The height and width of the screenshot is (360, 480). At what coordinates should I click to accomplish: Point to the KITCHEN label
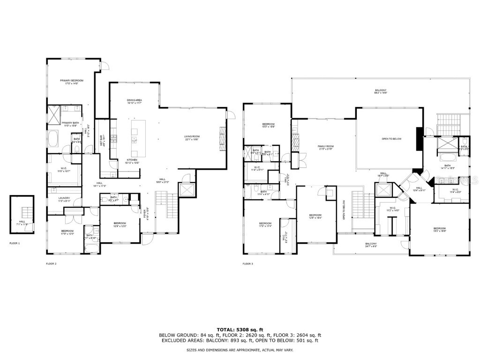(x=133, y=161)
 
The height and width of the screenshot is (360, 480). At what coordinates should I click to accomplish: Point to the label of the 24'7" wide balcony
(x=371, y=245)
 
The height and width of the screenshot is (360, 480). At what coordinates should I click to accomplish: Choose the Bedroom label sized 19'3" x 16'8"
(x=439, y=229)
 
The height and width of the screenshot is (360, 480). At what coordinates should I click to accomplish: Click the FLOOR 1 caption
(x=15, y=244)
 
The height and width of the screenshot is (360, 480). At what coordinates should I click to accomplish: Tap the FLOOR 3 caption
(x=248, y=264)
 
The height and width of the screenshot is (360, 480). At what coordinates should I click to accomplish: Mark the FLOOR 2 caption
(x=51, y=264)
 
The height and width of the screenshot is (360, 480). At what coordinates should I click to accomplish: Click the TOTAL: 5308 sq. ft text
(x=240, y=329)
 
